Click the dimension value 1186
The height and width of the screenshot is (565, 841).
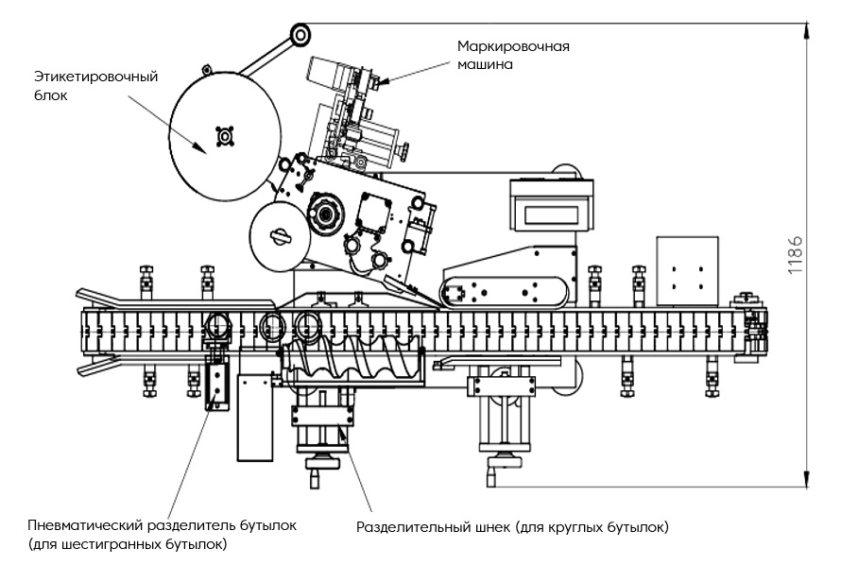[796, 254]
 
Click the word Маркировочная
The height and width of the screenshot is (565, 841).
[513, 45]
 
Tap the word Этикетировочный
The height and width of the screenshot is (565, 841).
[89, 77]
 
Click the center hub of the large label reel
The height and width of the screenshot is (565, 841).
[225, 137]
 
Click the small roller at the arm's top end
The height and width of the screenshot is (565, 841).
[300, 36]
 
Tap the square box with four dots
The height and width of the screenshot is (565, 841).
[686, 270]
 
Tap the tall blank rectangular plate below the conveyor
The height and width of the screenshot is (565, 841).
[252, 417]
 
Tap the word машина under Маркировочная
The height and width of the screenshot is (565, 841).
[486, 65]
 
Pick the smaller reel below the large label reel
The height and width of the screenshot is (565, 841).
[279, 235]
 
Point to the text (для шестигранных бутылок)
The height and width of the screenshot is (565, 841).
[128, 545]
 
